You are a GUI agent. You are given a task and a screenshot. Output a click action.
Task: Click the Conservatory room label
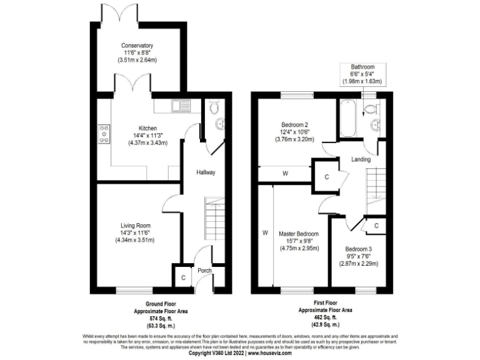[x=138, y=46]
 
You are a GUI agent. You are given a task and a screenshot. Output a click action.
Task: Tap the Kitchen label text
[x=139, y=128]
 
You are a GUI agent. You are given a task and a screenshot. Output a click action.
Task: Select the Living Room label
[x=136, y=226]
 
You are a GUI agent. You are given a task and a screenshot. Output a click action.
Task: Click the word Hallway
[x=206, y=172]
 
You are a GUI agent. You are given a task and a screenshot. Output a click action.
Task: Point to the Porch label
[x=205, y=271]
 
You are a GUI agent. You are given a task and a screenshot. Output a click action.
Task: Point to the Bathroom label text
[x=362, y=67]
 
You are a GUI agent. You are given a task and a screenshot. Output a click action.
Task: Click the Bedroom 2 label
[x=296, y=124]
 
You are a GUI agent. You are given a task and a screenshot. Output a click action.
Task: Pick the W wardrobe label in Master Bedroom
[x=265, y=232]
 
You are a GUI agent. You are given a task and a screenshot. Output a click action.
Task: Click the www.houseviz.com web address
[x=275, y=353]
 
